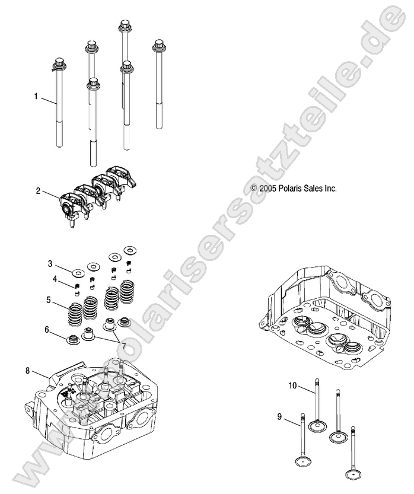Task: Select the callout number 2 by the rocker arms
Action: tap(38, 191)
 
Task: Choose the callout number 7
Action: tap(123, 345)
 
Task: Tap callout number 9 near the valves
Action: tap(279, 416)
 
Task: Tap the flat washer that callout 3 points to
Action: tap(77, 273)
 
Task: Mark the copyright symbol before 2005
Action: tap(254, 188)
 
